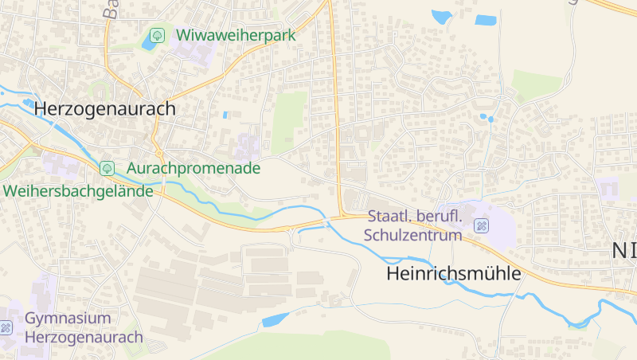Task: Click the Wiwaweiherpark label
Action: click(x=236, y=35)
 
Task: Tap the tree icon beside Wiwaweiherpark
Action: click(x=157, y=35)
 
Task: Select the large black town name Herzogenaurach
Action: click(x=104, y=109)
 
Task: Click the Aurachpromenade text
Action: click(x=193, y=169)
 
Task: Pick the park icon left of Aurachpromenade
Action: click(x=107, y=168)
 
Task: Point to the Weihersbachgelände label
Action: click(x=77, y=191)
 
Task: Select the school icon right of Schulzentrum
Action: click(x=481, y=225)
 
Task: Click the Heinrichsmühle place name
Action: click(x=453, y=274)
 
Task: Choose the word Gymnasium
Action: click(x=68, y=319)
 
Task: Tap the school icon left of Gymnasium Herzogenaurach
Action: click(x=6, y=327)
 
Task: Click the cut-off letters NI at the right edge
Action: click(x=624, y=250)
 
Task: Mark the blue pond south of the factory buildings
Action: click(x=275, y=320)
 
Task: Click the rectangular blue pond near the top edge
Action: click(x=485, y=20)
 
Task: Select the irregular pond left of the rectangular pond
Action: click(x=441, y=16)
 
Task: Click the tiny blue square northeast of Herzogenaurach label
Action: click(x=226, y=115)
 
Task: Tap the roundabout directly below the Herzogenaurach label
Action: click(x=158, y=152)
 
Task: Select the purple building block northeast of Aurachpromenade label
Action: click(x=248, y=147)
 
